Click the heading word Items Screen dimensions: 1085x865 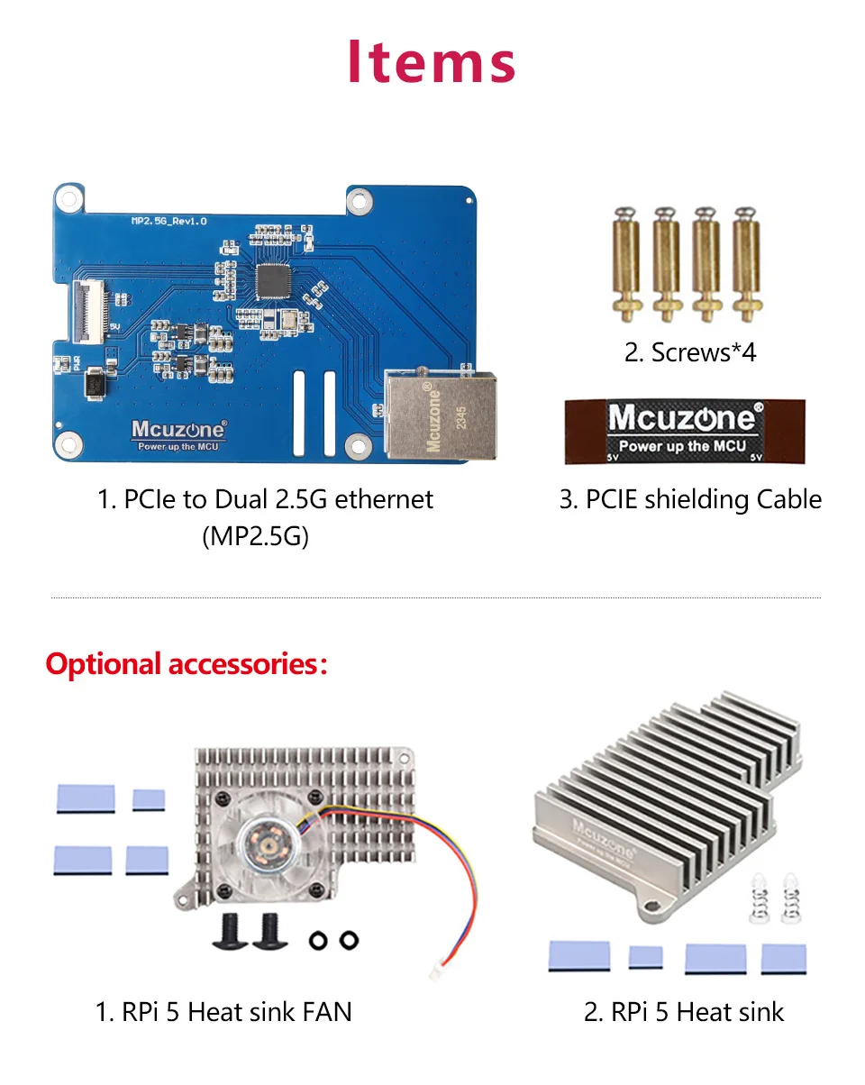tap(432, 62)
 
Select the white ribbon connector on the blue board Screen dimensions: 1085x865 tap(88, 310)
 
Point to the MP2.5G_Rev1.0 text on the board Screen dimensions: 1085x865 tap(169, 221)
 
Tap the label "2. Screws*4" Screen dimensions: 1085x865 tap(690, 351)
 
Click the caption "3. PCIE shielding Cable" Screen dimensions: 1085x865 tap(690, 499)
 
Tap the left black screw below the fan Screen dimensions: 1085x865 tap(229, 931)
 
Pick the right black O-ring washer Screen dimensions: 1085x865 tap(347, 941)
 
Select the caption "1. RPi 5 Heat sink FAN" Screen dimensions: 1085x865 tap(223, 1012)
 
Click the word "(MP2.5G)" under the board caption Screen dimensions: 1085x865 tap(255, 537)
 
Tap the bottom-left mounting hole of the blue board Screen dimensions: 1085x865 tap(66, 442)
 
